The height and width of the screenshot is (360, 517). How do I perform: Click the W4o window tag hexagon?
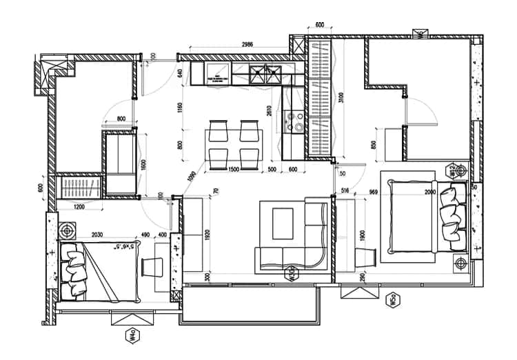click(x=129, y=337)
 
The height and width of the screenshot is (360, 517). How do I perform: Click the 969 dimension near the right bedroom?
click(x=373, y=191)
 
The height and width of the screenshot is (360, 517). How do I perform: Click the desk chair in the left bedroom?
click(x=152, y=266)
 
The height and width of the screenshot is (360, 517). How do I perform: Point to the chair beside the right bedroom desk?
click(x=365, y=256)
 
